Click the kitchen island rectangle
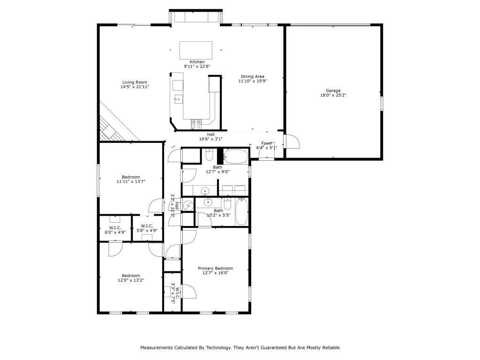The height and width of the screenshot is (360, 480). click(196, 50)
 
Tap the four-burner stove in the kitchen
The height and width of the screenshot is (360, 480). click(196, 124)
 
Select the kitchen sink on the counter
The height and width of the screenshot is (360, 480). click(178, 98)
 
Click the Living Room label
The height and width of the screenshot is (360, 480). click(135, 82)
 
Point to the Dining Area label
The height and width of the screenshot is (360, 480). click(253, 76)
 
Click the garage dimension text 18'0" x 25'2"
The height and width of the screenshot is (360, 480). click(333, 95)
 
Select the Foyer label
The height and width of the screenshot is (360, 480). click(267, 143)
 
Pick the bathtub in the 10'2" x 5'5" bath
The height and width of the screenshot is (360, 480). click(241, 211)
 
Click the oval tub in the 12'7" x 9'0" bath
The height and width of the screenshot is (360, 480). click(235, 157)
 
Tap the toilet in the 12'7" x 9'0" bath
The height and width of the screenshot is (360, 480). click(210, 155)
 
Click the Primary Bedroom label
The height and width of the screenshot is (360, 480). click(215, 269)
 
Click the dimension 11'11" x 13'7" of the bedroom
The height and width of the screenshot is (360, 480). click(131, 181)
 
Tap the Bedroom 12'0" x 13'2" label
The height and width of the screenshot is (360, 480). click(131, 276)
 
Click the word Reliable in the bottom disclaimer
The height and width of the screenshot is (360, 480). click(330, 347)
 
